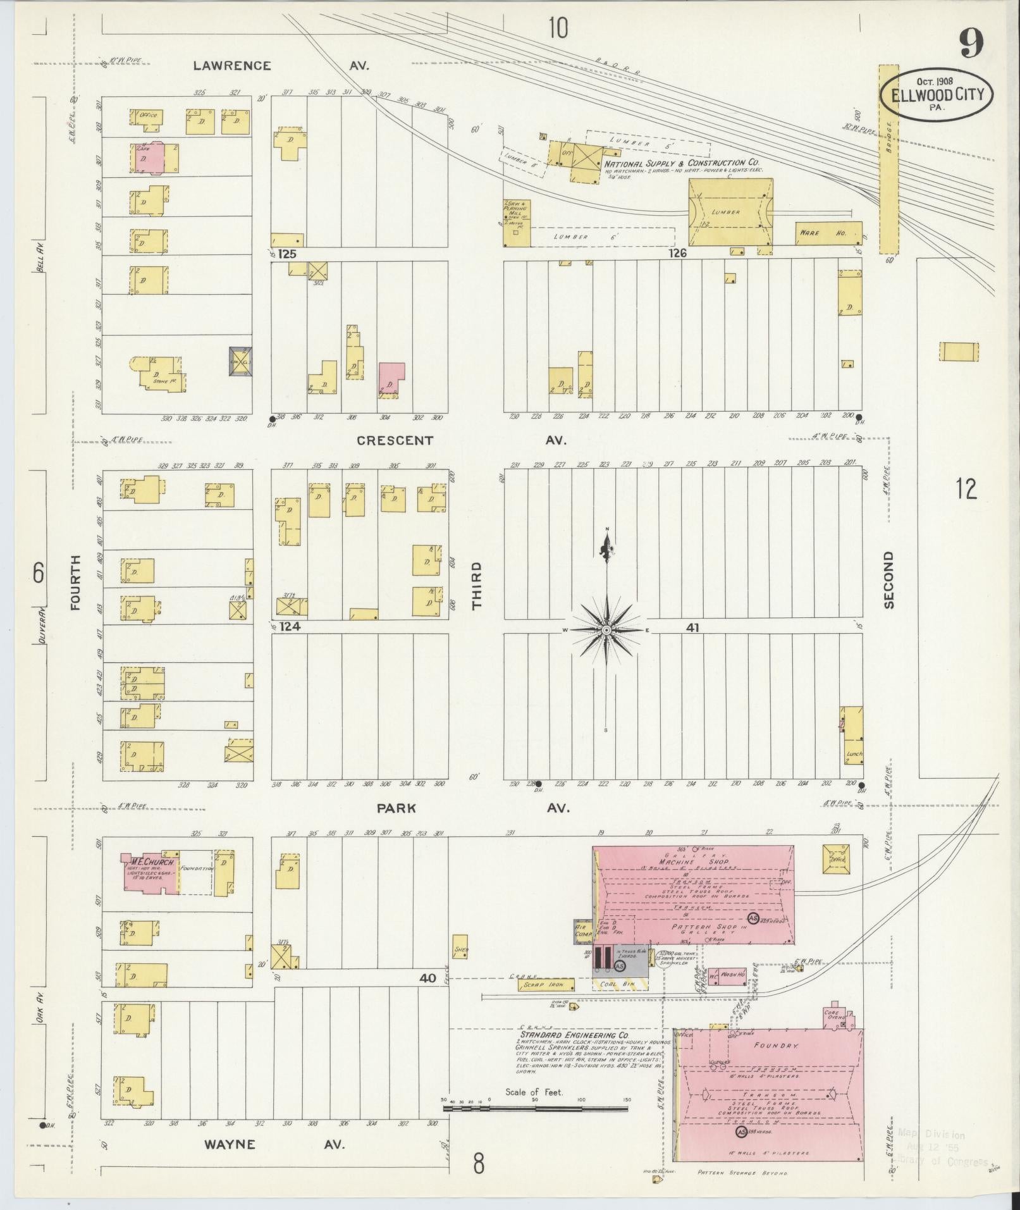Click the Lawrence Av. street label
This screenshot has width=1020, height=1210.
point(280,66)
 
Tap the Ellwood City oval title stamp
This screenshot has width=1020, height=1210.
point(938,95)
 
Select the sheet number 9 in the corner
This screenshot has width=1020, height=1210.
point(972,43)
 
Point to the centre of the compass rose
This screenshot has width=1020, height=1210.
point(606,631)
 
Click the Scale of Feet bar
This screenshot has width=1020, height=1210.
point(536,1108)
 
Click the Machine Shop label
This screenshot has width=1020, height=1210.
point(694,861)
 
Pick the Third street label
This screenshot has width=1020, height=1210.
point(476,585)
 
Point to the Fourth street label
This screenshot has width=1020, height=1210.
point(77,582)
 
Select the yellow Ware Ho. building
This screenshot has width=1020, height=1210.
point(828,233)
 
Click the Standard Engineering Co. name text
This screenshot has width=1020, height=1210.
point(574,1035)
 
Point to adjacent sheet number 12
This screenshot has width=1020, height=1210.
point(966,490)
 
